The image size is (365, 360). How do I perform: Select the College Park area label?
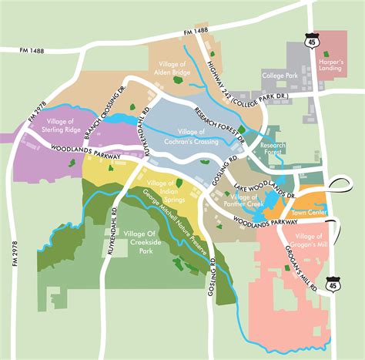point(280,76)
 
